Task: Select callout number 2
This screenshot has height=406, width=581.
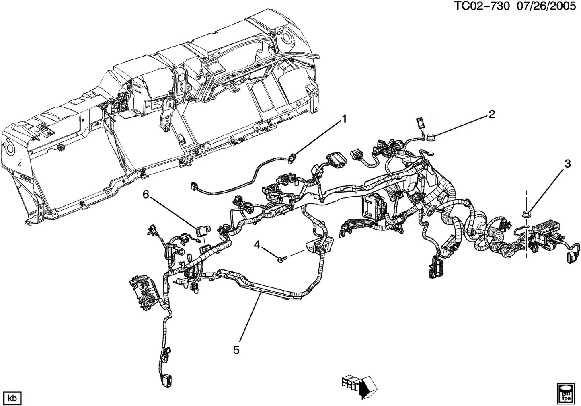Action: pos(491,115)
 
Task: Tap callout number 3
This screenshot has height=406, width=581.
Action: pos(567,164)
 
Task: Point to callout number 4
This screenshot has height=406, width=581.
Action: pos(257,244)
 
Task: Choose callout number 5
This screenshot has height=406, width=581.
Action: pos(236,350)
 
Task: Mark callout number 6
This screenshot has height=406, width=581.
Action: pos(146,195)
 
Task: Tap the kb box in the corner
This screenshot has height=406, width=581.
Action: pos(12,398)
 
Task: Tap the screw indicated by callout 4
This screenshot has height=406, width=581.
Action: pos(280,260)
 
